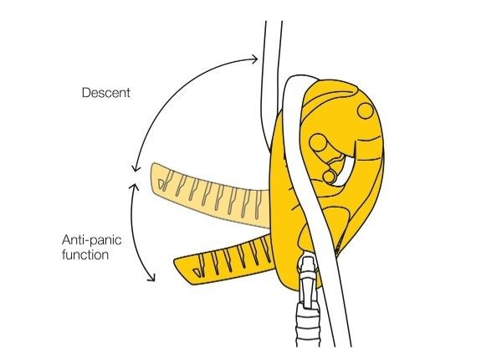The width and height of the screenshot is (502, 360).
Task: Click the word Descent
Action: point(106,93)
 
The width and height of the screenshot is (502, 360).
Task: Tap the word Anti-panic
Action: point(92,240)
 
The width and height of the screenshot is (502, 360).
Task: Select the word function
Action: point(85,255)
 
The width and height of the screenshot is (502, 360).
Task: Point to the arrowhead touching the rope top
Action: point(254,59)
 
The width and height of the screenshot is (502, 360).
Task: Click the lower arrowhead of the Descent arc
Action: point(136,168)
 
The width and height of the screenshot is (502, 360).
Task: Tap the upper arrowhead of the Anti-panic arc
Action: point(134,187)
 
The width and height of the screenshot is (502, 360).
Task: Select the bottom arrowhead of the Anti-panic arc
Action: point(152,277)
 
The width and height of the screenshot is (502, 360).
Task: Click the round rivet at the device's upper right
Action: point(365,111)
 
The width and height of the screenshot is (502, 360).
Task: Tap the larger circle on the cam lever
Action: point(317,142)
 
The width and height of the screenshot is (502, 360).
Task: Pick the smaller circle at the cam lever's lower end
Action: point(329,177)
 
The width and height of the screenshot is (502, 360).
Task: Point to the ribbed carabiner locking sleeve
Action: point(308,324)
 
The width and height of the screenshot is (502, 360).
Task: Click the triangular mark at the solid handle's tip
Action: point(197,272)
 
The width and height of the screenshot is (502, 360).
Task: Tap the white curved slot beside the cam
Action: point(344,170)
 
